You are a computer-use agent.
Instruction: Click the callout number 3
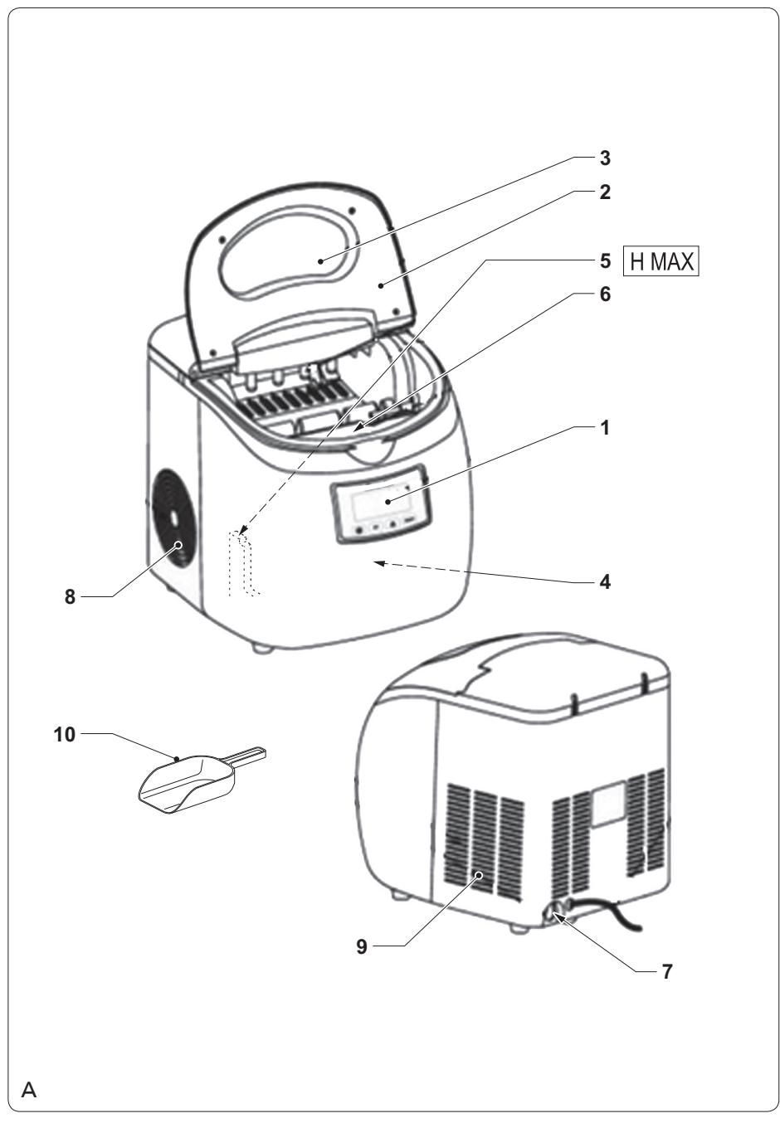click(x=605, y=158)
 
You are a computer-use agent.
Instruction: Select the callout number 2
click(x=605, y=192)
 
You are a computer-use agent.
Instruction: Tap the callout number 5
click(x=605, y=261)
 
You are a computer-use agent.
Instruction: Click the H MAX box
click(x=661, y=261)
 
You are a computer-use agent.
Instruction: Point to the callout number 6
click(x=605, y=294)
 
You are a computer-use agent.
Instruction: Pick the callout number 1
click(x=605, y=428)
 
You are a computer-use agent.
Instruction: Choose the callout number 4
click(x=605, y=582)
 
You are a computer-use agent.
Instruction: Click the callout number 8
click(x=70, y=597)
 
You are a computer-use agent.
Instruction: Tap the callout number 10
click(x=65, y=735)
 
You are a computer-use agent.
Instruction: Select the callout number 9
click(x=362, y=946)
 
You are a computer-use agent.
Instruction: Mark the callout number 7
click(x=666, y=971)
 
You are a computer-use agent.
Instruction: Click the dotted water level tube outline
click(x=244, y=563)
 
